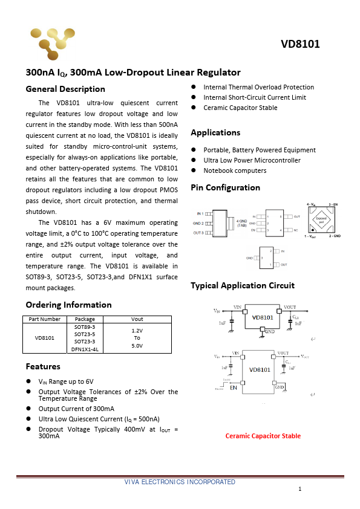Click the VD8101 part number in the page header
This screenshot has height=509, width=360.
tap(300, 44)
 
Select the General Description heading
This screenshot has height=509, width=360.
tap(65, 89)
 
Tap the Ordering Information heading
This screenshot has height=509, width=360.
tap(68, 305)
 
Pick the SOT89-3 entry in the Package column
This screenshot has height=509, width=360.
tap(85, 326)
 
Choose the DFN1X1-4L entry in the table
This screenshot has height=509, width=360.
tap(85, 349)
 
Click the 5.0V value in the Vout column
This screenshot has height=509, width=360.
tap(137, 346)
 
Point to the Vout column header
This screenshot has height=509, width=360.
tap(137, 319)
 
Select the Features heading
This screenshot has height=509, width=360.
tap(43, 366)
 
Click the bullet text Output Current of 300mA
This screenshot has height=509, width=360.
tap(76, 409)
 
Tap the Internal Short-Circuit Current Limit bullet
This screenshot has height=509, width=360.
tap(254, 97)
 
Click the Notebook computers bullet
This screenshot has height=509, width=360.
tap(235, 170)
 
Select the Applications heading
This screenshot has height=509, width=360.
tap(215, 132)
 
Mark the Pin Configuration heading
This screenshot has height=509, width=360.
tap(225, 187)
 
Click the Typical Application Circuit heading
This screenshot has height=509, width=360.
tap(242, 285)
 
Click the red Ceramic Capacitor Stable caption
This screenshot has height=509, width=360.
tap(263, 436)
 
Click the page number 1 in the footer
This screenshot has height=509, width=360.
tap(299, 488)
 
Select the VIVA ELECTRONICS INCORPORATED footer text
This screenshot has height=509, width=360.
tap(180, 482)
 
